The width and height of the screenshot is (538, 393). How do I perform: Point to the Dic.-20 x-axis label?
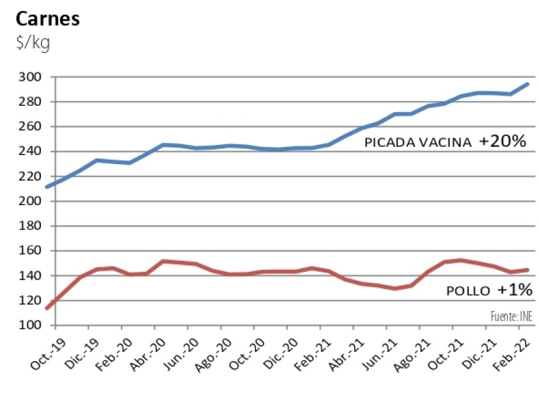[x=275, y=355]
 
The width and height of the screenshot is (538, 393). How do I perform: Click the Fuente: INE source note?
[x=511, y=315]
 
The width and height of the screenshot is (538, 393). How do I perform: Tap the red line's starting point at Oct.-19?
[x=47, y=308]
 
